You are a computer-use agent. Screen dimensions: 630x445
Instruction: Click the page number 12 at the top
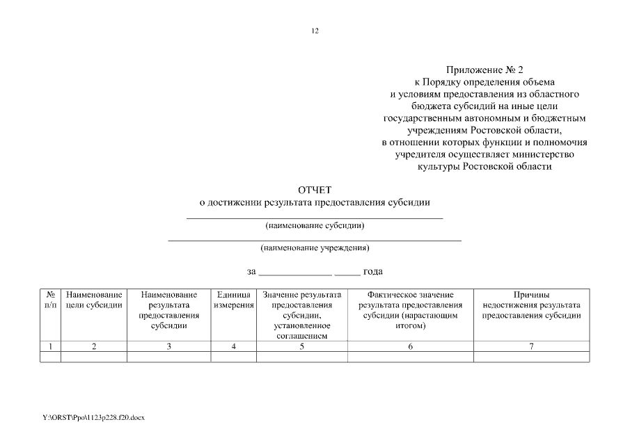[x=315, y=31]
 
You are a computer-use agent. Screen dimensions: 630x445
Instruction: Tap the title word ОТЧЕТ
[x=315, y=190]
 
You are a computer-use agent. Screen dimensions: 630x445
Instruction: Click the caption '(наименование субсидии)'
[x=315, y=225]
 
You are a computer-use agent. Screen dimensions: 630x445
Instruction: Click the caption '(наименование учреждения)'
[x=315, y=248]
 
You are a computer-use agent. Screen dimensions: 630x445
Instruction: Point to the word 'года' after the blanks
[x=373, y=271]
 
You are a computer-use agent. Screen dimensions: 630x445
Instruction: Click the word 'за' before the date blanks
[x=251, y=271]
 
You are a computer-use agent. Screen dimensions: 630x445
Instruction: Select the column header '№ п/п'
[x=50, y=300]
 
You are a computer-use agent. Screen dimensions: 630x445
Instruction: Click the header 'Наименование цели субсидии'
[x=94, y=300]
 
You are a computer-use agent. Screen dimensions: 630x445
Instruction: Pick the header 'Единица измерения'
[x=233, y=300]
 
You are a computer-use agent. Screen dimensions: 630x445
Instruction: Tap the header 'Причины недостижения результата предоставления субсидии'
[x=531, y=305]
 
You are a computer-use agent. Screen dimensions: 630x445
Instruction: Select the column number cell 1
[x=50, y=346]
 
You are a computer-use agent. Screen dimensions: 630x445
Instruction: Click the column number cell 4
[x=233, y=346]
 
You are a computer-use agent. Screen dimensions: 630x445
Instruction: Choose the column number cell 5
[x=301, y=346]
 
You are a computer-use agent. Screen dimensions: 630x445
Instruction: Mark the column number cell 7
[x=531, y=346]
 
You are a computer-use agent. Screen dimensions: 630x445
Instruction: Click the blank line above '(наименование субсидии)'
[x=315, y=218]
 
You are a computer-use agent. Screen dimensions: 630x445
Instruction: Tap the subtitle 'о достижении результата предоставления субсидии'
[x=315, y=203]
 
